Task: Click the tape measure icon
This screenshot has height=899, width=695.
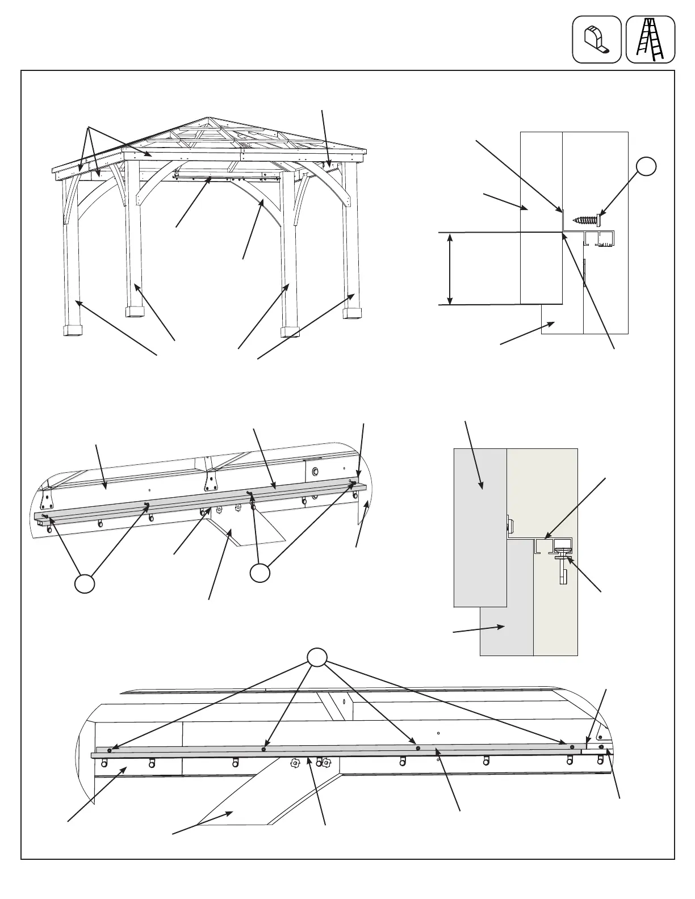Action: tap(596, 39)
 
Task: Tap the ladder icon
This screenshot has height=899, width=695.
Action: tap(650, 39)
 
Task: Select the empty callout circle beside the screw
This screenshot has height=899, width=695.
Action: tap(646, 166)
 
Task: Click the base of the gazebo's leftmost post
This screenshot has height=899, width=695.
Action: tap(72, 330)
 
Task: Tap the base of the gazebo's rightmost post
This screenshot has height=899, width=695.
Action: tap(353, 313)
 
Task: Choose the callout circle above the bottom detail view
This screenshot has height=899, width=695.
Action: tap(317, 657)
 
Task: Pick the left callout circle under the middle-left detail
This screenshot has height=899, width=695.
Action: tap(85, 583)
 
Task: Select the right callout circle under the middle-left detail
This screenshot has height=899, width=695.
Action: tap(260, 573)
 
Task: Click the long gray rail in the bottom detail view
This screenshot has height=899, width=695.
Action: tap(341, 752)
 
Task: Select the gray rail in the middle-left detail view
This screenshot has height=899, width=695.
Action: tap(199, 500)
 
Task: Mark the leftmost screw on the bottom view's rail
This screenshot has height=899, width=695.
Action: tap(110, 751)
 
